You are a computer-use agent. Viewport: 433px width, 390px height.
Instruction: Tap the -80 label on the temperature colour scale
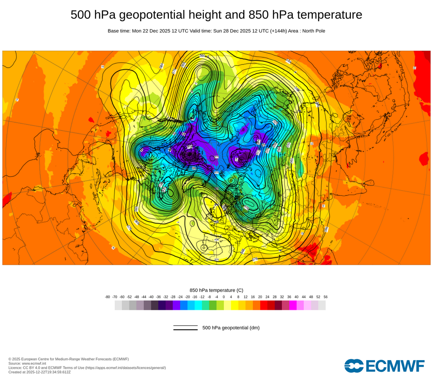click(107, 297)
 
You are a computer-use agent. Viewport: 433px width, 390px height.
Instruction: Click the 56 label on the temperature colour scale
click(325, 297)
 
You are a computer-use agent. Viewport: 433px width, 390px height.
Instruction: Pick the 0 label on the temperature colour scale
click(224, 297)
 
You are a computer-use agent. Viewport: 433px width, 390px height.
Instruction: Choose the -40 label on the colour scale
click(151, 297)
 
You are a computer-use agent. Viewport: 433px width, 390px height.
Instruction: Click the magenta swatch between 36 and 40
click(293, 305)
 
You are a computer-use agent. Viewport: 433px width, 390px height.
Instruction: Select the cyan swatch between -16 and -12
click(198, 305)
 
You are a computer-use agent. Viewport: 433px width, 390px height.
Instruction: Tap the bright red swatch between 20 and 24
click(264, 305)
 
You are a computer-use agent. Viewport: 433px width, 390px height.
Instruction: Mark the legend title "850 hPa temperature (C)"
click(216, 290)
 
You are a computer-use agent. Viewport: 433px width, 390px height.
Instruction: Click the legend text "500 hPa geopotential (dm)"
click(231, 328)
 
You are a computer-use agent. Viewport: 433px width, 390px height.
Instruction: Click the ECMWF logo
click(385, 366)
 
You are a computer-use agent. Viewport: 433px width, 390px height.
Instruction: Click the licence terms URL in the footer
click(125, 367)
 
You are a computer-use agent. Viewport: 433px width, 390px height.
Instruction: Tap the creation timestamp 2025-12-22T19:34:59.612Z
click(48, 372)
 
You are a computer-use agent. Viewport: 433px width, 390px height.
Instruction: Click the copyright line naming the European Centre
click(68, 359)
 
